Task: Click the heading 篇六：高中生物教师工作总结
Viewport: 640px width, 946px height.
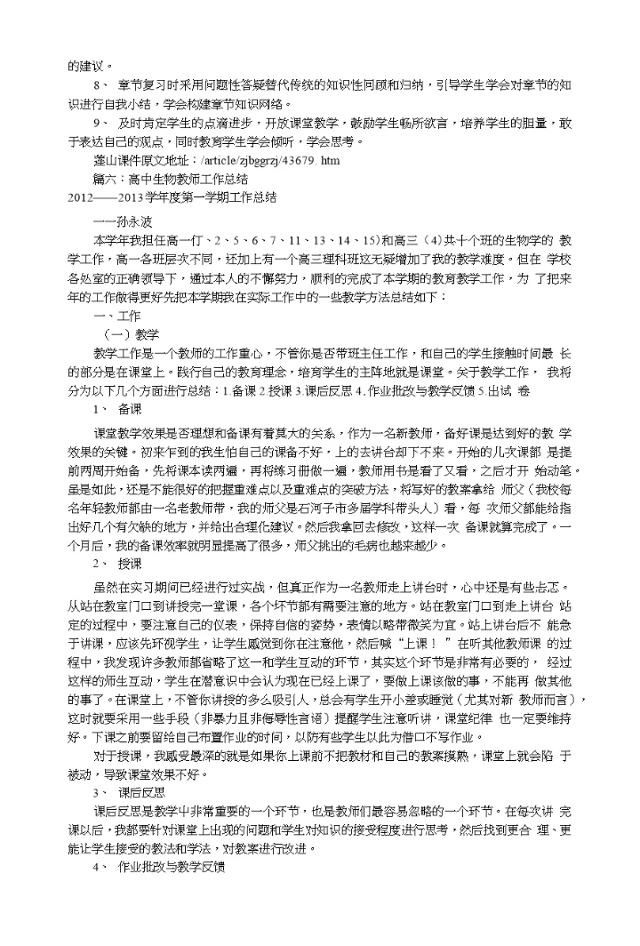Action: click(171, 178)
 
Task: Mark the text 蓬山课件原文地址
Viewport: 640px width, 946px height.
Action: click(134, 162)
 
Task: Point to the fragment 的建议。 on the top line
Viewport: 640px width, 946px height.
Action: click(90, 65)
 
